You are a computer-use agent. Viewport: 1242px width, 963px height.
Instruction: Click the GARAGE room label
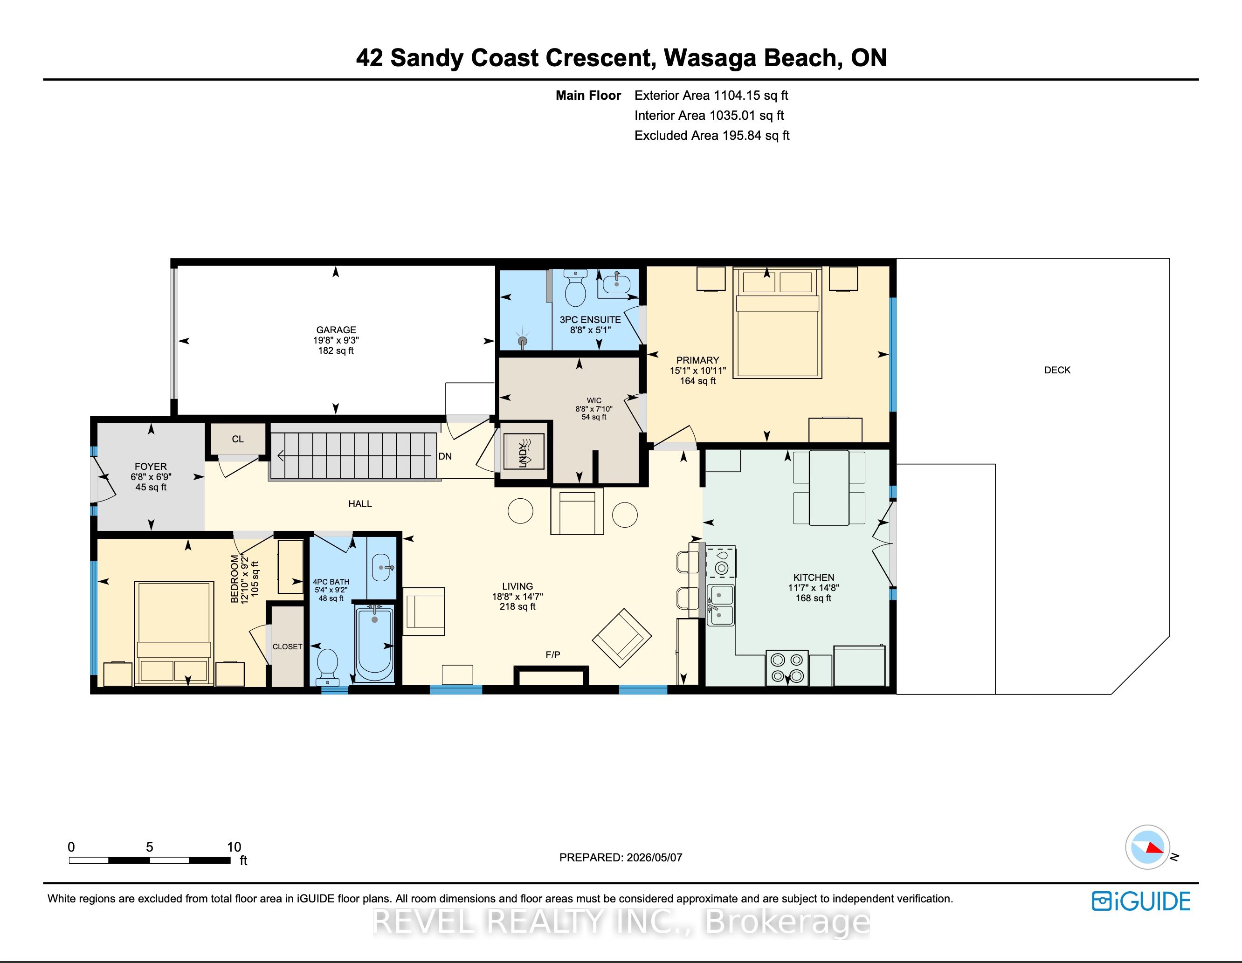336,330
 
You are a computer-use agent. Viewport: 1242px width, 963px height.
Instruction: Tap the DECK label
1057,370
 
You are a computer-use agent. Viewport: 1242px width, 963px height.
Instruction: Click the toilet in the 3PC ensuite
575,288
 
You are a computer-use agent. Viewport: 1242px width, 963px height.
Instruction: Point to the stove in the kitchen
787,668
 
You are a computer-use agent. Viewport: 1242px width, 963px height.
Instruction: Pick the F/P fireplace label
553,655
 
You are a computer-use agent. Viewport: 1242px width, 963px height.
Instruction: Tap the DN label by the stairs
445,456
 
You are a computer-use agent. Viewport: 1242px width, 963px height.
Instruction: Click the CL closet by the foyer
238,439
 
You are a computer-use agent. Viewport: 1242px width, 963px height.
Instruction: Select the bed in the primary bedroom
777,323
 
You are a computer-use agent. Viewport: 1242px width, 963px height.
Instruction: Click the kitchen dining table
829,488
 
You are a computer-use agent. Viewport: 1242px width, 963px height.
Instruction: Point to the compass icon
1148,847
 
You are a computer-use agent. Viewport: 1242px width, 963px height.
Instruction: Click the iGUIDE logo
1141,901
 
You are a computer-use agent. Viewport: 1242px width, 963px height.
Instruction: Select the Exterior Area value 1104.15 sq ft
751,96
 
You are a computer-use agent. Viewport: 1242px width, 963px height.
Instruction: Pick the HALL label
360,504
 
